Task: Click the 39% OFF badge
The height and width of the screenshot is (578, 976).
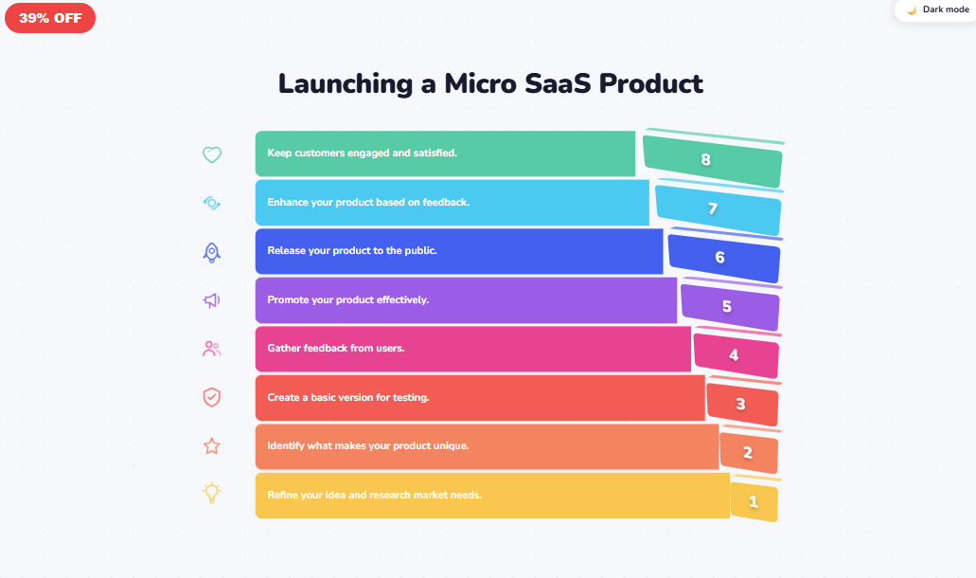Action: tap(49, 17)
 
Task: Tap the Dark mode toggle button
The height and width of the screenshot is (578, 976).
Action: tap(935, 10)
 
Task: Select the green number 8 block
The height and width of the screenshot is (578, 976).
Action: tap(712, 160)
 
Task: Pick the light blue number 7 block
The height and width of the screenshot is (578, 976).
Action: tap(718, 209)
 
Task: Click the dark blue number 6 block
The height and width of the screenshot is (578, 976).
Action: tap(723, 258)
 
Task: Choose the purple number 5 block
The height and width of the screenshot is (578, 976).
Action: tap(729, 307)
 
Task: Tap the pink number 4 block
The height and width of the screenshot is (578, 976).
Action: tap(736, 356)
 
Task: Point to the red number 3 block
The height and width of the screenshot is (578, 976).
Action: tap(742, 405)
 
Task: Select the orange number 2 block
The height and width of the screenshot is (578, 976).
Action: tap(748, 453)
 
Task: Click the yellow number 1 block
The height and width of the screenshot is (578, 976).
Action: tap(754, 502)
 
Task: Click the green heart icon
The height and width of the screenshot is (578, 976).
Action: tap(212, 154)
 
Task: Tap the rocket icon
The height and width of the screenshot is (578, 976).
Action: tap(212, 252)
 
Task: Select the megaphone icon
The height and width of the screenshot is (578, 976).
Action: tap(212, 300)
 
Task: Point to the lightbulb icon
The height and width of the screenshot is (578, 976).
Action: tap(212, 494)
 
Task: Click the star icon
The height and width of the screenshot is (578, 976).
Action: tap(212, 445)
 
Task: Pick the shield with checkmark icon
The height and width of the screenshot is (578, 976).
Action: tap(212, 397)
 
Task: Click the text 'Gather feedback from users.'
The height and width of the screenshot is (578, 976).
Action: tap(336, 348)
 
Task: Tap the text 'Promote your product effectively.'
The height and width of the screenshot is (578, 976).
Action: tap(348, 299)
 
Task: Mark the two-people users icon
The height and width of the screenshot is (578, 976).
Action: tap(212, 349)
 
